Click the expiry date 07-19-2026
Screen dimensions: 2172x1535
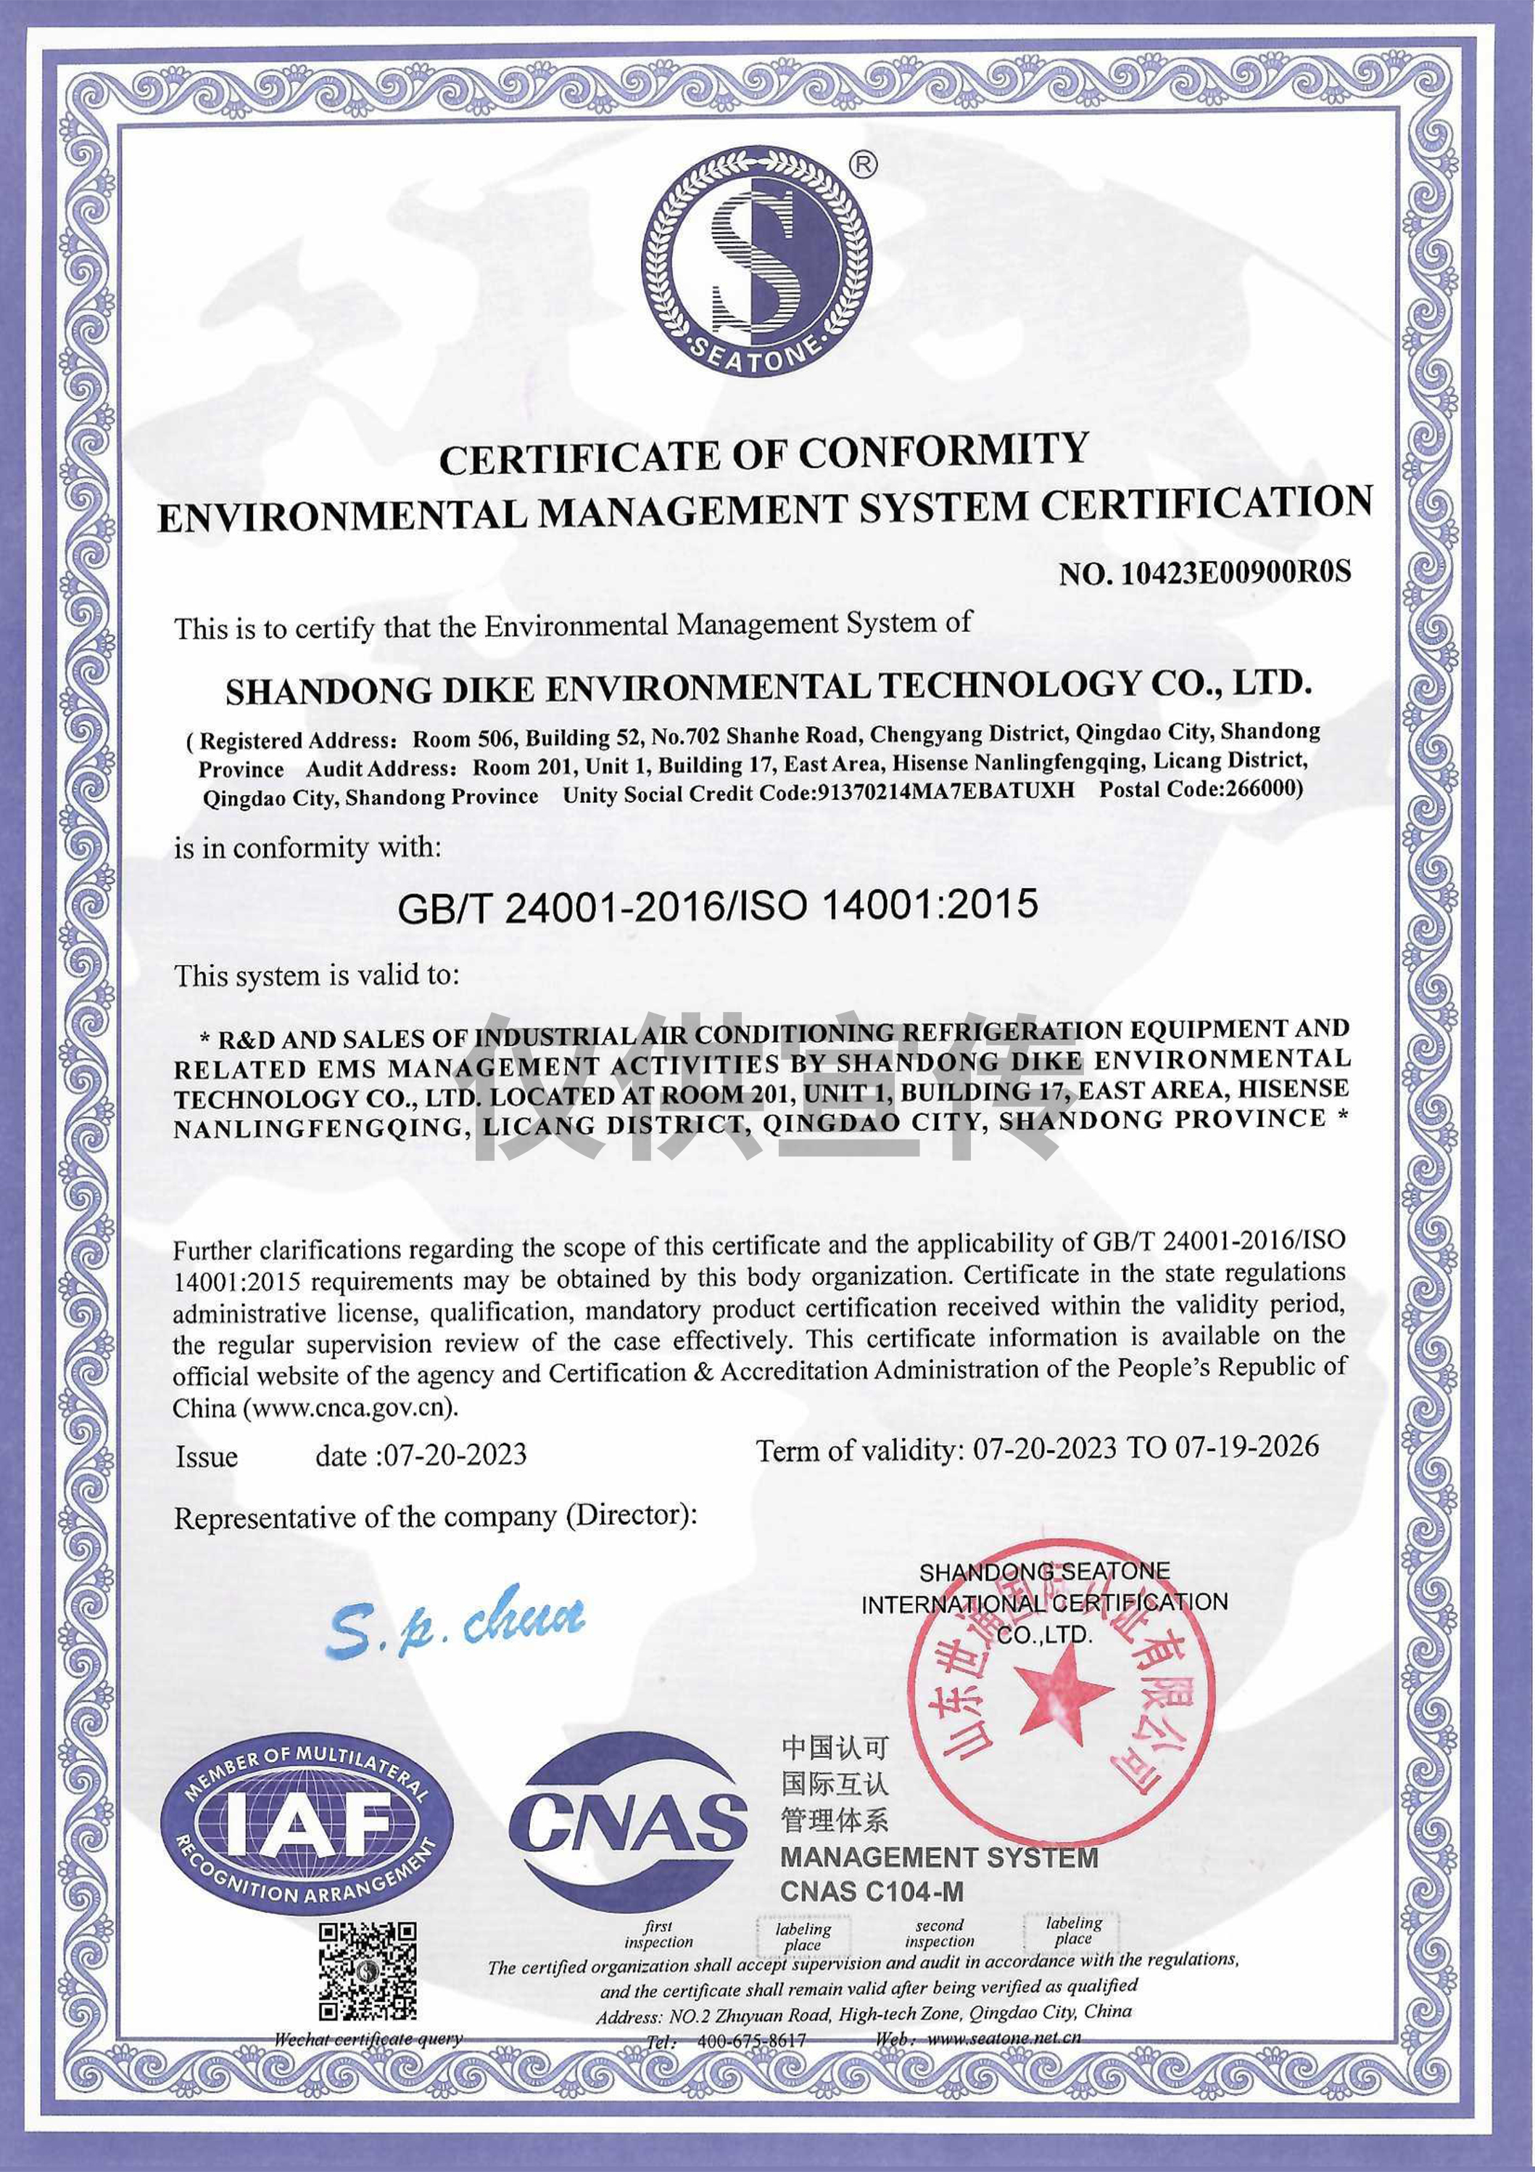[1246, 1447]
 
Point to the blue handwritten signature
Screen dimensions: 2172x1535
[457, 1621]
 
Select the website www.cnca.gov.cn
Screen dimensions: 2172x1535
[350, 1407]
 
